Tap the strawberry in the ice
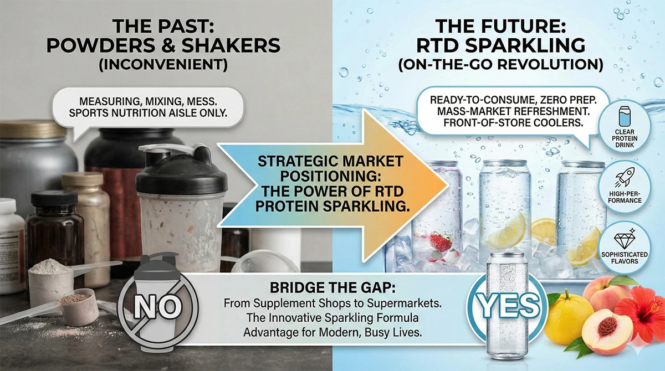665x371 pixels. [x=441, y=242]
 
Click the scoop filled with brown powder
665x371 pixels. [x=77, y=302]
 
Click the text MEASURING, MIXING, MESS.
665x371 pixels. [x=147, y=102]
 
